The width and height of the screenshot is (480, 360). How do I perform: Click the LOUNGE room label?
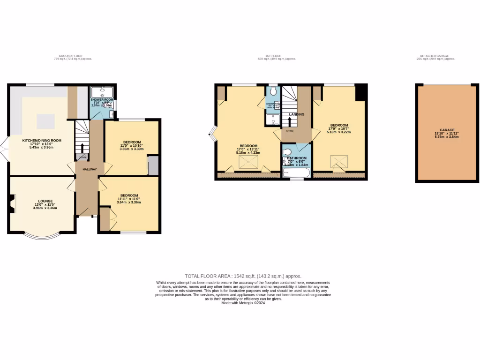coord(45,201)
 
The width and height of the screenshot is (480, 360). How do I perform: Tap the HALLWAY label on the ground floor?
coord(90,169)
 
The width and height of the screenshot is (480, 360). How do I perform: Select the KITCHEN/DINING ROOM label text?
coord(42,140)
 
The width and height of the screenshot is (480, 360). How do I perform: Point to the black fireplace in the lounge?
coord(10,205)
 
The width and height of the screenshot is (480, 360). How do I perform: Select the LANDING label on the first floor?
coord(297,114)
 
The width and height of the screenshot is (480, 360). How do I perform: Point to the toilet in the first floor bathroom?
coord(287,152)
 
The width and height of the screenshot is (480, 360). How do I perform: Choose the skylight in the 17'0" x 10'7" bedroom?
coord(338,161)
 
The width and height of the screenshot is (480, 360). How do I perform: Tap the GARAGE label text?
coord(447,130)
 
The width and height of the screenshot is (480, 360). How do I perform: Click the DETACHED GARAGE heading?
coord(437,56)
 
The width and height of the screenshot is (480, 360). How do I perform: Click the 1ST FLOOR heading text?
coord(277,56)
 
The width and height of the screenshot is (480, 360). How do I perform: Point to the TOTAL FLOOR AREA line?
coord(243,277)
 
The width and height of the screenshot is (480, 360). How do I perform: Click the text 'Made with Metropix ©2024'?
coord(243,303)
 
